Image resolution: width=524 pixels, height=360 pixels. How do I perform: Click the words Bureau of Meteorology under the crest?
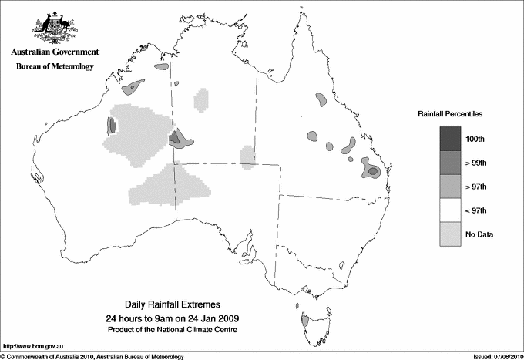[x=55, y=67]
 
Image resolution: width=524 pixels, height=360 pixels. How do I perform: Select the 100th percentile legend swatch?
[x=450, y=139]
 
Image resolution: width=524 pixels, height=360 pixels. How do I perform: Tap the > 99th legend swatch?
[x=450, y=163]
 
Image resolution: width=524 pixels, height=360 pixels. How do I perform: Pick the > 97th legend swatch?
[x=450, y=187]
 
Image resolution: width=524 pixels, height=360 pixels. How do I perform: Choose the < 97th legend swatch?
[x=450, y=210]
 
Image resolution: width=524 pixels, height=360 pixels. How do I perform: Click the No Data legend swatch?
[x=450, y=234]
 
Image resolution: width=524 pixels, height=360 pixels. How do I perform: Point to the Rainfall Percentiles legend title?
[x=450, y=113]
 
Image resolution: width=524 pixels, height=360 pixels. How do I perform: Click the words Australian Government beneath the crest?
[x=55, y=52]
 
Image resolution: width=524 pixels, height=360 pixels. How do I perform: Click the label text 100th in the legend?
[x=475, y=139]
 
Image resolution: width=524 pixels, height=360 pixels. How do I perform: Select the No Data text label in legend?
[x=479, y=234]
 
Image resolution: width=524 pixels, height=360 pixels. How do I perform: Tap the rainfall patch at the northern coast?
[x=161, y=68]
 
